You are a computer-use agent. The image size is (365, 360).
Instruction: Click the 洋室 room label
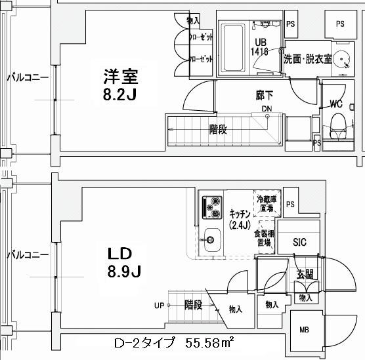coord(120,76)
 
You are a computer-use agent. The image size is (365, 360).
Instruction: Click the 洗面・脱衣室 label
coord(306,57)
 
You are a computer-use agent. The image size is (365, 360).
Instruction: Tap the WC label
coord(335,104)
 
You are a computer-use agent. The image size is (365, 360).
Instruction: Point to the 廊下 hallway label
coord(265,94)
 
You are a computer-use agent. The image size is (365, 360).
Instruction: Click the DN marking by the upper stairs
coord(267,109)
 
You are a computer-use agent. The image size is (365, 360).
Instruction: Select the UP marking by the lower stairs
coord(160,305)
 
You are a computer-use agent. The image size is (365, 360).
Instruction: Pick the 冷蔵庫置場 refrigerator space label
coord(266,203)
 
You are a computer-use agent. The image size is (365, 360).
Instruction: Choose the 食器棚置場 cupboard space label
coord(266,237)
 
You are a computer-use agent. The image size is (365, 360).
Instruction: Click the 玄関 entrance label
coord(303,275)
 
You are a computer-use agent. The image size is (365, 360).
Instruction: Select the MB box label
coord(305,330)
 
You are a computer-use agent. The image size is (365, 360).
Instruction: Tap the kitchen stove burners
coord(213,207)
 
